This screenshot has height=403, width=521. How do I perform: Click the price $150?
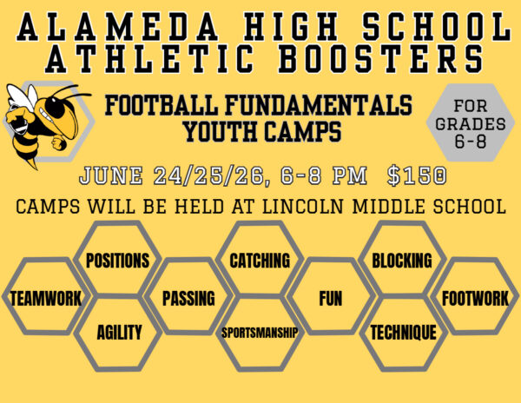coord(417,175)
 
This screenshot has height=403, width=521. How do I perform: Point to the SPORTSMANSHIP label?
coord(260,333)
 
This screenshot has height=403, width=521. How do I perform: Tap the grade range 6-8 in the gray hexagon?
coord(470,142)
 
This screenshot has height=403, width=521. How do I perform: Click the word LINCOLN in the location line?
coord(303,207)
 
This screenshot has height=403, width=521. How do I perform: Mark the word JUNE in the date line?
coord(111,175)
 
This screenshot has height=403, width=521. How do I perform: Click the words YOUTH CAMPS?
coord(262,131)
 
